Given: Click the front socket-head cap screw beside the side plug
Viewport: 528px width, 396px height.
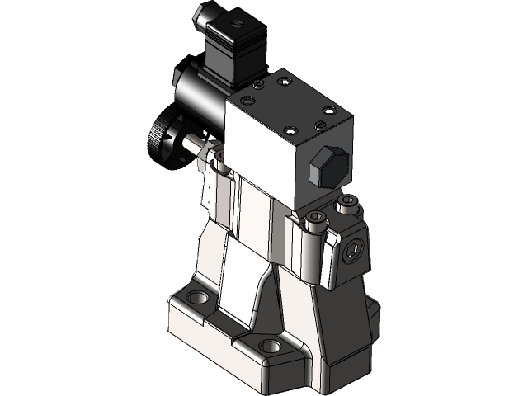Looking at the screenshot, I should tap(315, 221).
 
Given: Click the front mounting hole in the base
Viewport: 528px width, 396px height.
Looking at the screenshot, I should tap(268, 346).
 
